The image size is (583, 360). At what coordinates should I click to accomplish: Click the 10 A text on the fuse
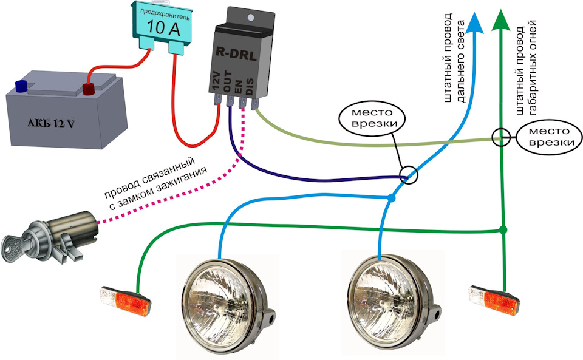[x=163, y=27]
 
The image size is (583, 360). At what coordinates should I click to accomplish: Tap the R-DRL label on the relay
[x=236, y=55]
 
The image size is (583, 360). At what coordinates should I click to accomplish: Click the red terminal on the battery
[x=89, y=89]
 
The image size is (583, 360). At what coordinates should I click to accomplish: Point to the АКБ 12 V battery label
[x=51, y=123]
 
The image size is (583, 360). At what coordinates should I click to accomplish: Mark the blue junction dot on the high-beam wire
[x=391, y=198]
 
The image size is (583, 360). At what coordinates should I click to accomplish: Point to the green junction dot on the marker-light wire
[x=503, y=230]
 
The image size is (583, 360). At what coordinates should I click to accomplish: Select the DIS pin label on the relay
[x=250, y=85]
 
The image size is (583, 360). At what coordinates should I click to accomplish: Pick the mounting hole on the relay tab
[x=251, y=18]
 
